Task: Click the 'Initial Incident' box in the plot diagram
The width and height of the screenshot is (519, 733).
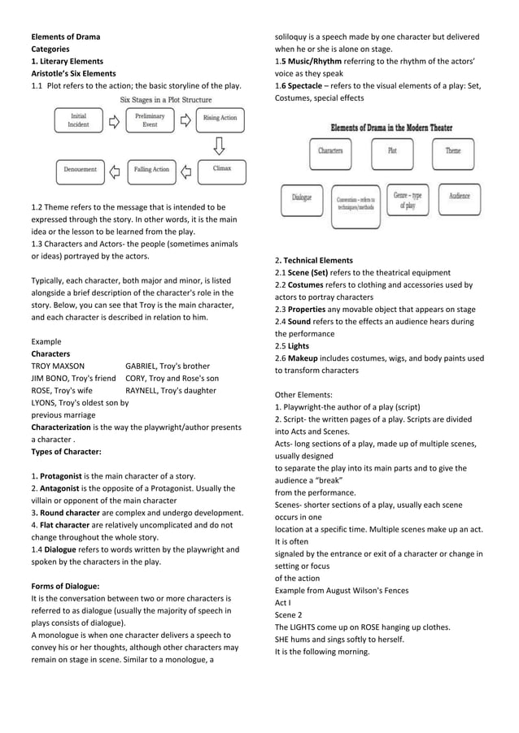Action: click(x=79, y=121)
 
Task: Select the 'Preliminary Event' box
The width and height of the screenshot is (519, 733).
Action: click(x=150, y=121)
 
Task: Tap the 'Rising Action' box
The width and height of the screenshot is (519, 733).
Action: click(x=220, y=119)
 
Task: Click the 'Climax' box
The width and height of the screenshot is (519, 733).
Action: click(x=221, y=170)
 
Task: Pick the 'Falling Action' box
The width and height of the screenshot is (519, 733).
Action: click(x=150, y=170)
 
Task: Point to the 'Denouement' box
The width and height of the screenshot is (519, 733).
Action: click(x=80, y=170)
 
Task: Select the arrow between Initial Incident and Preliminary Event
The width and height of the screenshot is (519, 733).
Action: click(x=114, y=121)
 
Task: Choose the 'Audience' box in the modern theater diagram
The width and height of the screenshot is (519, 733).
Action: click(x=460, y=198)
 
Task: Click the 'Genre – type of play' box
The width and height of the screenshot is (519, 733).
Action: click(x=408, y=200)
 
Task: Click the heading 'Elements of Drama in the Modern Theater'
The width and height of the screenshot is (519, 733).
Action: click(x=390, y=128)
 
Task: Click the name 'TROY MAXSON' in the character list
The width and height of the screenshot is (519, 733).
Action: click(x=58, y=366)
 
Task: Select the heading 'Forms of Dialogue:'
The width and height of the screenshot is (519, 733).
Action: click(x=65, y=586)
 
